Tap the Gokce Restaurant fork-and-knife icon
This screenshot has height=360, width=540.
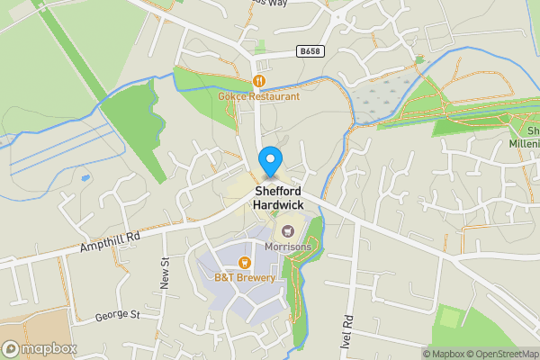tap(259, 81)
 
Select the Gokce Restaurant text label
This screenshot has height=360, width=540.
tap(258, 95)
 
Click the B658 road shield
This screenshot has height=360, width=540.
tap(310, 52)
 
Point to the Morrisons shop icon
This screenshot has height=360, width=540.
tap(288, 231)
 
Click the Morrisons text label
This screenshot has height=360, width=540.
tap(288, 247)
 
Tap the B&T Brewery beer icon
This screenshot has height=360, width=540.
tap(244, 263)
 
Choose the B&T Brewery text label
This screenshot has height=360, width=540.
tap(244, 277)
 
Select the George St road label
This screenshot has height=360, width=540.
tap(117, 316)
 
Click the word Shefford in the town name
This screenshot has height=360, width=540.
tap(279, 192)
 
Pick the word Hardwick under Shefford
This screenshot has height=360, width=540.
tap(279, 205)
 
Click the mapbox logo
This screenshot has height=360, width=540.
tap(39, 348)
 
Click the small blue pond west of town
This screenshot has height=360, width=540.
tap(85, 178)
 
